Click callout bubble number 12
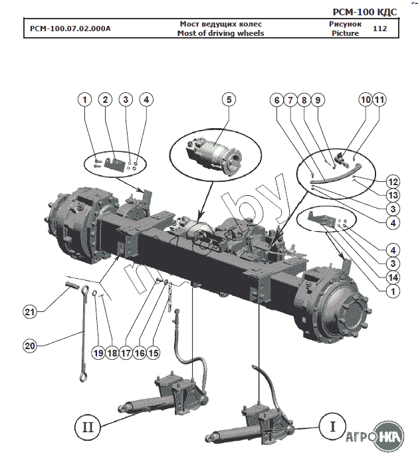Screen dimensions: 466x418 [x=393, y=181]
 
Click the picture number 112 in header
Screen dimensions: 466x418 [x=380, y=29]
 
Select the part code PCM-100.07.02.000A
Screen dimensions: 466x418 [x=70, y=29]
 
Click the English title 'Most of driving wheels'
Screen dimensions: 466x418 [x=221, y=33]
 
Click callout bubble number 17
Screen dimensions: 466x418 [x=125, y=353]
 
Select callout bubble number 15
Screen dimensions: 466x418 [x=154, y=353]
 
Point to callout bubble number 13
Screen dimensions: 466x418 [x=393, y=195]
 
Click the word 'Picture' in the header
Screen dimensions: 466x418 [x=345, y=33]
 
